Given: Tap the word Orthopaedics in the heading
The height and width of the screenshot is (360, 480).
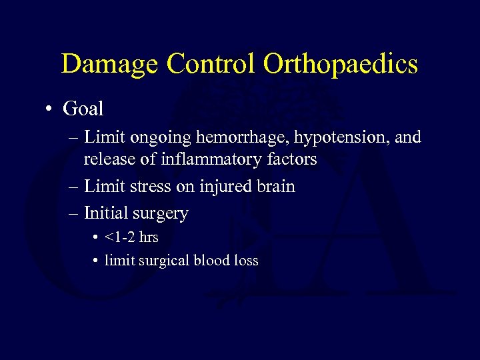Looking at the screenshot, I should point(341,65).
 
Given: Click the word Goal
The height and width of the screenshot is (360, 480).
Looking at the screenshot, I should point(83,107).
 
